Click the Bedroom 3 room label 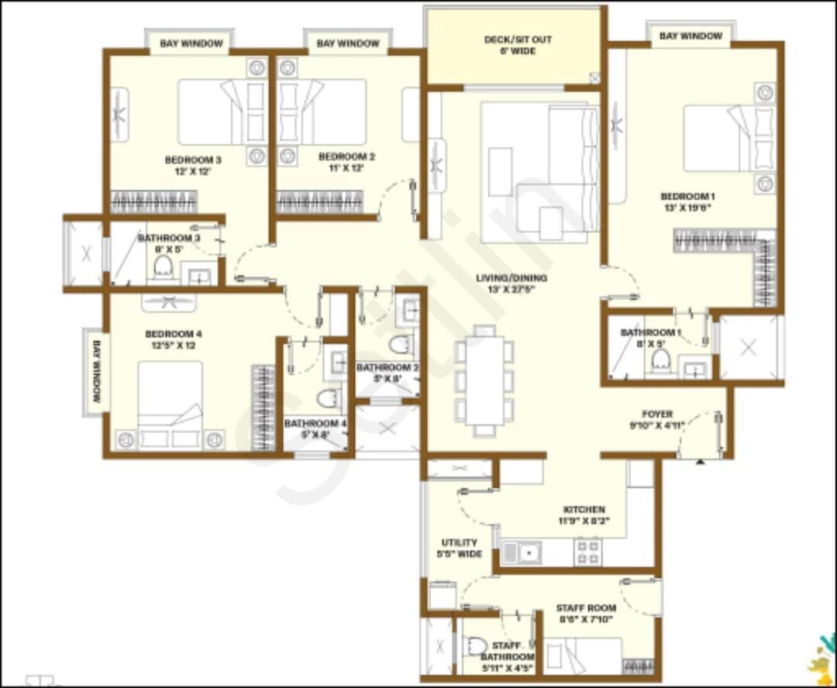tap(193, 160)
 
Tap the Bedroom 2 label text tap(346, 157)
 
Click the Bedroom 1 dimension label tap(687, 208)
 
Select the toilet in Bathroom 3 tap(163, 267)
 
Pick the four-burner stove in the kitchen tap(587, 552)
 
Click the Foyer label tap(657, 414)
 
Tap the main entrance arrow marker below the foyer tap(701, 462)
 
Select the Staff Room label tap(586, 608)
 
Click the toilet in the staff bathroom tap(477, 645)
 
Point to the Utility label tap(460, 543)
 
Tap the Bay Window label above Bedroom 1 tap(691, 36)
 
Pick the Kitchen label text tap(584, 510)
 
